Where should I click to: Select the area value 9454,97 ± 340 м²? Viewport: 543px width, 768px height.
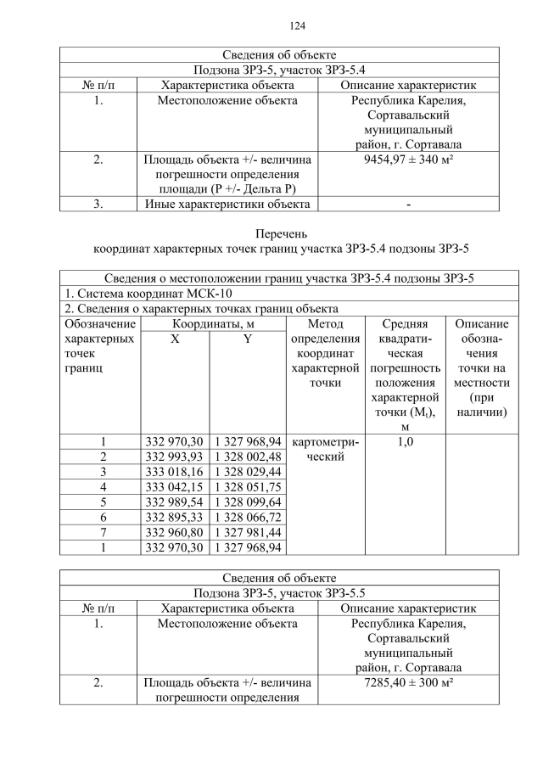407,159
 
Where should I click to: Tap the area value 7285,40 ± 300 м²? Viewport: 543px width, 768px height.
407,681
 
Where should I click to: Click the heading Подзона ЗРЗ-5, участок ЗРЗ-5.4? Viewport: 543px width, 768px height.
279,70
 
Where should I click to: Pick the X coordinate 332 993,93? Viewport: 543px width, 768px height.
174,457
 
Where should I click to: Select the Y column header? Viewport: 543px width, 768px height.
248,339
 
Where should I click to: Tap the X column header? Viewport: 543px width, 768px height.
174,339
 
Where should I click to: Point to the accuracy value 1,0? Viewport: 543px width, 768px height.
405,441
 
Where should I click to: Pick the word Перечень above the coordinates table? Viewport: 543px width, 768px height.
280,233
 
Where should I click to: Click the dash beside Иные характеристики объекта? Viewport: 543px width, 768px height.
408,204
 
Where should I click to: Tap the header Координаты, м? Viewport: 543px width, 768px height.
211,324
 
